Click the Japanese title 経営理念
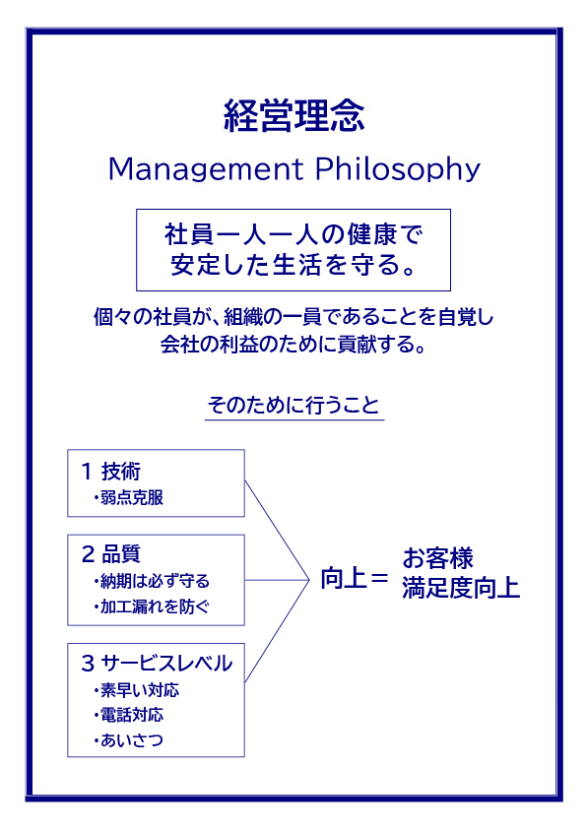pos(293,115)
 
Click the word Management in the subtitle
pos(206,169)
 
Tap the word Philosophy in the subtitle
pos(398,169)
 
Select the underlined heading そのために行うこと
pos(293,406)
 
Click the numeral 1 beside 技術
pos(88,471)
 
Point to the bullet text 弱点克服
pos(132,497)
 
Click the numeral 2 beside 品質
pos(88,554)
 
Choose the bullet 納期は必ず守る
pos(155,581)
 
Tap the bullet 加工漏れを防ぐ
pos(155,607)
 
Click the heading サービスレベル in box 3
pos(166,664)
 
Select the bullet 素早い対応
pos(140,690)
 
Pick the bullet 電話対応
pos(132,715)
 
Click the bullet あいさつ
pos(132,740)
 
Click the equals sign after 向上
pos(379,578)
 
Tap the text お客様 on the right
pos(437,558)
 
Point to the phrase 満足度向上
pos(461,588)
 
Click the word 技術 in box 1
pos(121,471)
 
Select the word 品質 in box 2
pos(121,554)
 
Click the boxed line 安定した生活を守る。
pos(293,265)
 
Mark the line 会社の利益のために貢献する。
pos(293,345)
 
